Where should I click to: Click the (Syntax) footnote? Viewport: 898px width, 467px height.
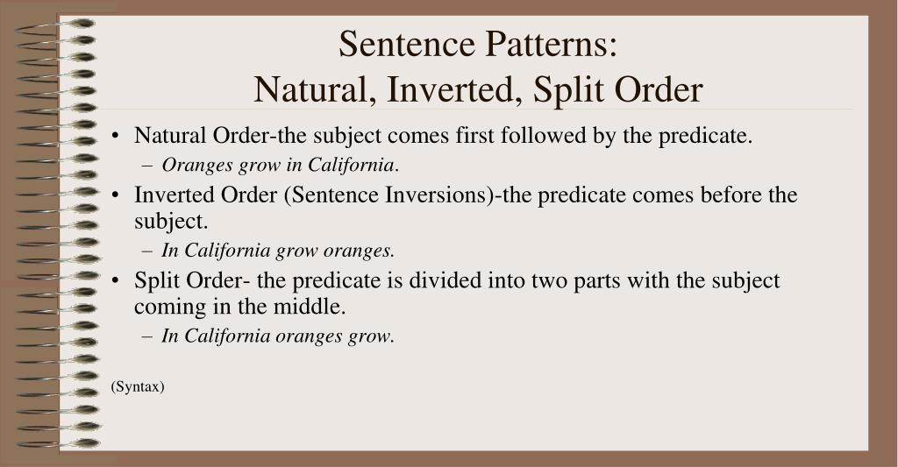(138, 386)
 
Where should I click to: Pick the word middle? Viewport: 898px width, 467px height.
(311, 308)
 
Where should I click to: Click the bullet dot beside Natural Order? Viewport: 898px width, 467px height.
(117, 138)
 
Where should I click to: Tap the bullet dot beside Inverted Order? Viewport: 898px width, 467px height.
(117, 195)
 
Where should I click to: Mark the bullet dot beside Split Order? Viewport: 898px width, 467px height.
(117, 282)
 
